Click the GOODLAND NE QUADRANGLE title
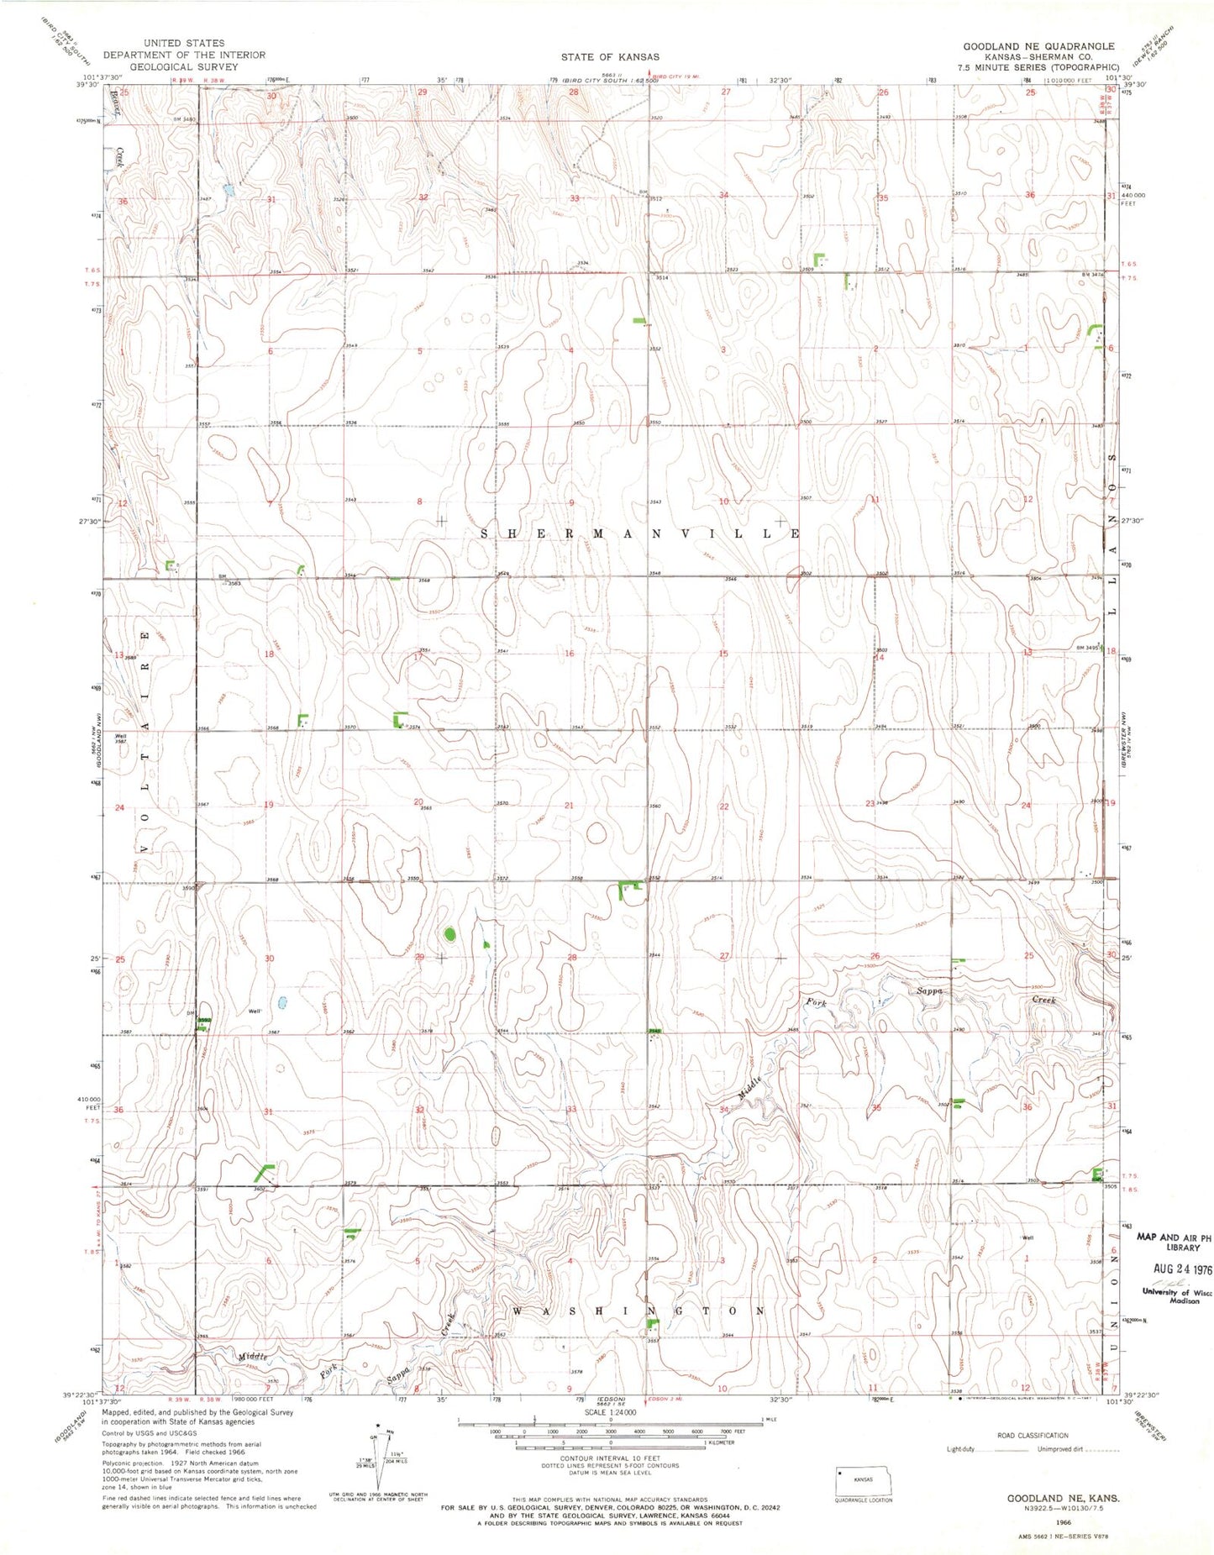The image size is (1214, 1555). pyautogui.click(x=1038, y=46)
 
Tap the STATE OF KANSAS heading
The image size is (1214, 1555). pyautogui.click(x=610, y=57)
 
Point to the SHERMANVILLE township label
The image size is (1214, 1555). pyautogui.click(x=640, y=533)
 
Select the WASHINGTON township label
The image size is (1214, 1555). pyautogui.click(x=639, y=1311)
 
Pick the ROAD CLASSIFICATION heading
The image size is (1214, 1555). pyautogui.click(x=1033, y=1436)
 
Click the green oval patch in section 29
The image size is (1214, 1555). pyautogui.click(x=449, y=933)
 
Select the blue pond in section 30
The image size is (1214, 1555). pyautogui.click(x=282, y=1002)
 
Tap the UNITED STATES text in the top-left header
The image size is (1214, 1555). pyautogui.click(x=184, y=43)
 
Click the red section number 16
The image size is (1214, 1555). pyautogui.click(x=569, y=654)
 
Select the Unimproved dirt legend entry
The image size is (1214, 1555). pyautogui.click(x=1060, y=1449)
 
